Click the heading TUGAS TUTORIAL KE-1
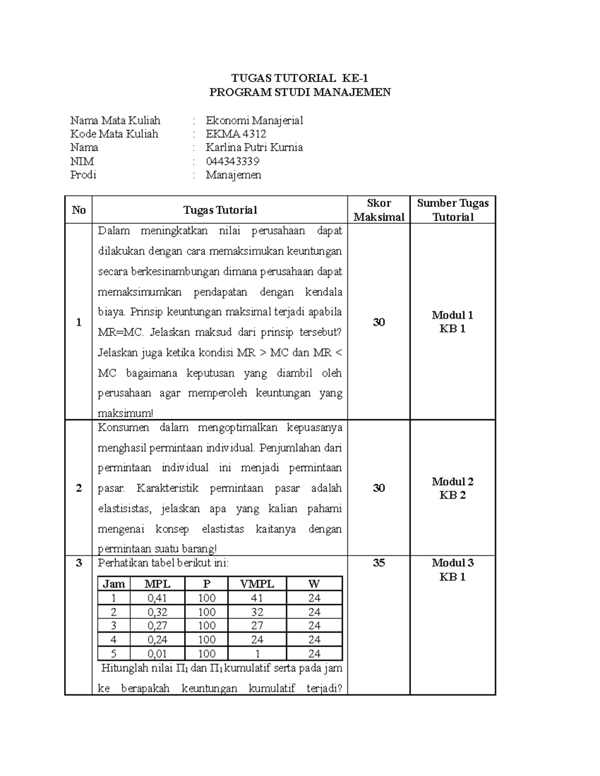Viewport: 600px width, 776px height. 299,78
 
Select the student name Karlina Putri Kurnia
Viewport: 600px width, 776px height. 254,147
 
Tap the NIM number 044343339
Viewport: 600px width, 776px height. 232,161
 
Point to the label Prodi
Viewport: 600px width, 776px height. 83,175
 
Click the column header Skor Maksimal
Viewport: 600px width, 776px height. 378,210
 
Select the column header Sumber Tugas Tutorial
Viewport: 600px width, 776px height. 452,210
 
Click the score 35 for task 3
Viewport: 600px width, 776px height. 378,563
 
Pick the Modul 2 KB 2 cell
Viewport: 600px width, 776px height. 452,488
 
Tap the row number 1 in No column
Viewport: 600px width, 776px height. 78,322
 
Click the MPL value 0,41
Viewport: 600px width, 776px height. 157,598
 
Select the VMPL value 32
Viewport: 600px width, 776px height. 257,612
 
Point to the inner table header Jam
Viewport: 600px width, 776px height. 113,584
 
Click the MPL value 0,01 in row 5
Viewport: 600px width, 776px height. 157,654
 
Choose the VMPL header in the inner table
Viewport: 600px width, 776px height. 257,584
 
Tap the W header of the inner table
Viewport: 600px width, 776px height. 314,584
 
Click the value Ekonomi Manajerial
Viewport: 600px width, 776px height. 254,120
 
